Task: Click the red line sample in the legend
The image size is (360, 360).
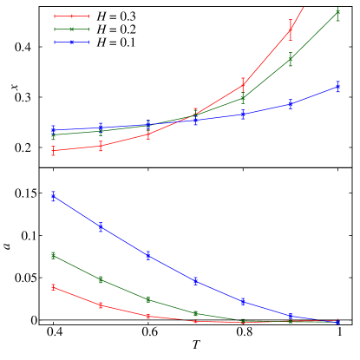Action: point(71,16)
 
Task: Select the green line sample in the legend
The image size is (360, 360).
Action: point(71,29)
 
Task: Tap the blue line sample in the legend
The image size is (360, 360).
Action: point(71,42)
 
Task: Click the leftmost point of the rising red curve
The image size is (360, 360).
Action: point(54,151)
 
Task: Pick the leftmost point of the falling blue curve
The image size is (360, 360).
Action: point(54,197)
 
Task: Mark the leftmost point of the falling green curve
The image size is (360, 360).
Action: point(54,255)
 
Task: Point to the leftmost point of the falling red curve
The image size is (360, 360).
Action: point(54,287)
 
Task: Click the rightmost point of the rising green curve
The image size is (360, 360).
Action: point(337,14)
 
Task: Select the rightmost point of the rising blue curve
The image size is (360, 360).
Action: point(337,87)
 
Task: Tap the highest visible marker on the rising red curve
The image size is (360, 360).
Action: point(290,31)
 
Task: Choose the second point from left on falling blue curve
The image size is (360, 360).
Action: point(101,226)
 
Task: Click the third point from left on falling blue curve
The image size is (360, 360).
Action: point(148,255)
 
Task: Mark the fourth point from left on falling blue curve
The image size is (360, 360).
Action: point(195,281)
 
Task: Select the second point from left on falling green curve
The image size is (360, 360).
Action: point(101,279)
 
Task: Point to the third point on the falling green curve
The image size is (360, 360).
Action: point(148,299)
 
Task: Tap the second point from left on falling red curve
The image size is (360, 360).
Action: point(101,305)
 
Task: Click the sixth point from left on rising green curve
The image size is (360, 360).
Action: point(290,60)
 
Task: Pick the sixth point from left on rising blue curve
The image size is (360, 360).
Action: point(290,104)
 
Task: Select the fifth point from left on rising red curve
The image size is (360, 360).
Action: point(243,85)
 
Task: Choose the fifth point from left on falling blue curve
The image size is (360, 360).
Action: point(243,301)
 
